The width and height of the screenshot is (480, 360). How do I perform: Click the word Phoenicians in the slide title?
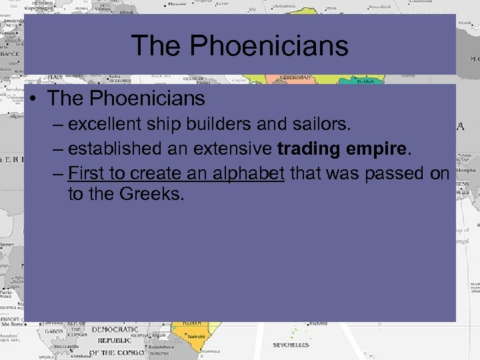click(x=269, y=46)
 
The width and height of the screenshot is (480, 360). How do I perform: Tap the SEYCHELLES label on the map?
click(x=291, y=345)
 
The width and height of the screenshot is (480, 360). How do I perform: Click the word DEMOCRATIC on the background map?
click(x=114, y=330)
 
